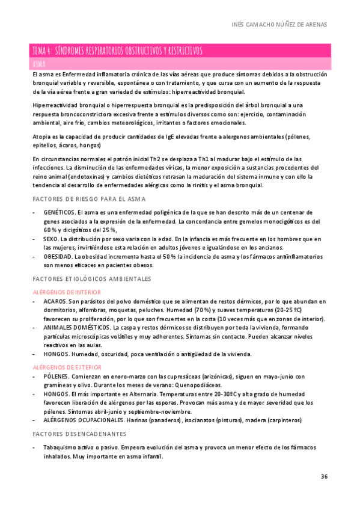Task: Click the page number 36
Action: (x=324, y=477)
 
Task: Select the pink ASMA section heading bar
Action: (x=180, y=63)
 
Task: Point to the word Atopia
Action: (x=43, y=137)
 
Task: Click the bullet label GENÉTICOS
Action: (x=59, y=212)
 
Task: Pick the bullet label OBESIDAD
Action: (x=57, y=257)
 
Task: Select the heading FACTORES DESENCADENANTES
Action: (x=79, y=434)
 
